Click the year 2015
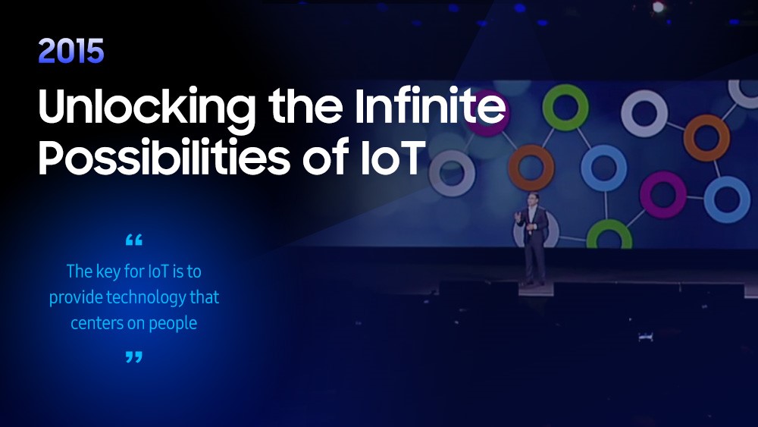[x=71, y=51]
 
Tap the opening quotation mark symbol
[x=134, y=240]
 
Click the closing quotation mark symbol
[x=134, y=357]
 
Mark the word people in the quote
[x=173, y=324]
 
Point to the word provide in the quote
[x=75, y=297]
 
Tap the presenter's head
[x=533, y=199]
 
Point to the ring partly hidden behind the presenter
[x=552, y=232]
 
